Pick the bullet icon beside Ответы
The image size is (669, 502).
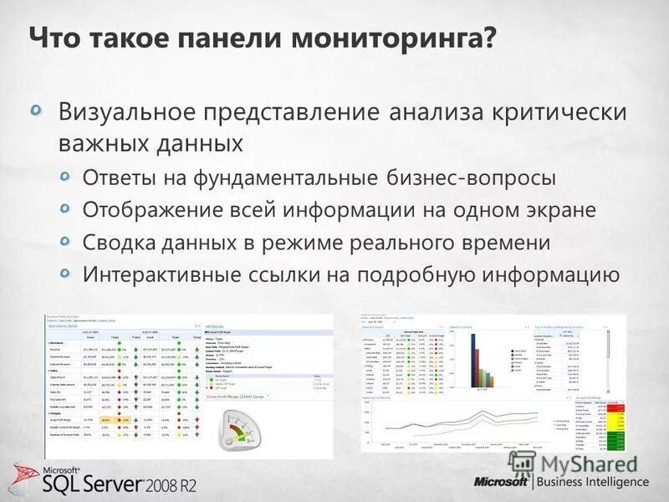click(69, 177)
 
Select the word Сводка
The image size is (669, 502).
click(118, 243)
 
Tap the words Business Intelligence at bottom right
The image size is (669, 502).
click(593, 482)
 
